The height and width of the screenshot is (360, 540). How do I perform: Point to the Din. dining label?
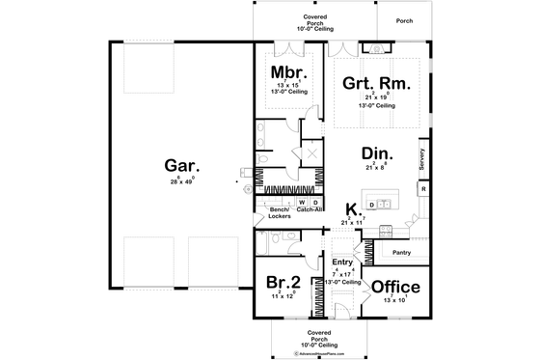[375, 152]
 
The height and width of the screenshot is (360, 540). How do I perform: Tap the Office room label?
[395, 287]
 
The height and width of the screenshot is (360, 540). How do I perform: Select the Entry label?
[342, 262]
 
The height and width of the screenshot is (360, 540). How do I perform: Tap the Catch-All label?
[310, 209]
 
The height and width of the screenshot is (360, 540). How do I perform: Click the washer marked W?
[302, 202]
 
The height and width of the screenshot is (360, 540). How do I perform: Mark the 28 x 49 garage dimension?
[175, 180]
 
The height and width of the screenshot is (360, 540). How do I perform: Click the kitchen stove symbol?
[385, 230]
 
